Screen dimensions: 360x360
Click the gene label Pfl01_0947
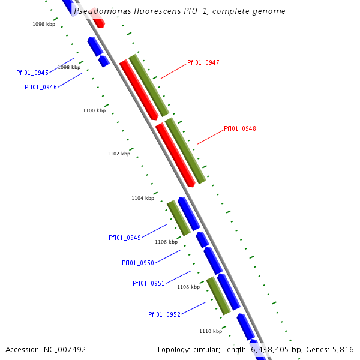[203, 62]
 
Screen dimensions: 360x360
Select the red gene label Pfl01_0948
[239, 128]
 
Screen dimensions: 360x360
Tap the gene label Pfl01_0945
[32, 73]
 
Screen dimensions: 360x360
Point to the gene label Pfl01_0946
[41, 87]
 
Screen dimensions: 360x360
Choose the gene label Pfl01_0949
[125, 238]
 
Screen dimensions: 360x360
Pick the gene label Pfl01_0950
[138, 263]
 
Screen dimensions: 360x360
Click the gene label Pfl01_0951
[149, 283]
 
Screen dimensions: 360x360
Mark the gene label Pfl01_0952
[164, 314]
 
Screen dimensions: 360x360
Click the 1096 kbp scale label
[44, 24]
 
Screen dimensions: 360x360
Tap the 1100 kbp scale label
[94, 110]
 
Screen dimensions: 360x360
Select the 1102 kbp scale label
[119, 154]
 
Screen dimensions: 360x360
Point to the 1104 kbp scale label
[143, 198]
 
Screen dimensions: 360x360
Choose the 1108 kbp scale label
[188, 287]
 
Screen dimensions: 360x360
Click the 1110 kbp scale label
[211, 331]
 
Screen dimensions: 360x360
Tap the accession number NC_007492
[64, 349]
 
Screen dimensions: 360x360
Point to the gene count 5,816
[342, 349]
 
